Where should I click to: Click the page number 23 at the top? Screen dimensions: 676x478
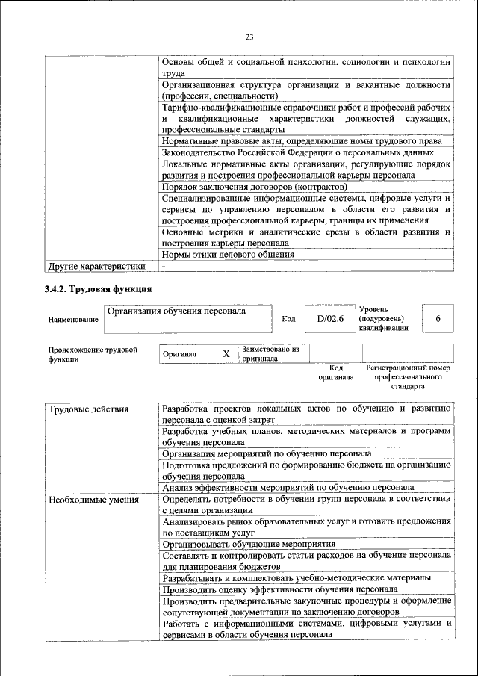(x=249, y=38)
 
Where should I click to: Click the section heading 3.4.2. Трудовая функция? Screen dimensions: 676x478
(x=98, y=288)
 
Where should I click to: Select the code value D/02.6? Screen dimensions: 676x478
(x=329, y=319)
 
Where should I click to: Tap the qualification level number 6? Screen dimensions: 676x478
(x=438, y=319)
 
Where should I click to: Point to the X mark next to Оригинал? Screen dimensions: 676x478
(x=226, y=353)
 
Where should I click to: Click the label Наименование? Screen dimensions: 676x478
(x=73, y=320)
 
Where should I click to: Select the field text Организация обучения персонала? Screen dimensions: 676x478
(x=176, y=311)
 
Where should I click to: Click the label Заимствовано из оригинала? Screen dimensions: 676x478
(x=270, y=353)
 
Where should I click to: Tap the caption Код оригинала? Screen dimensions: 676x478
(x=335, y=372)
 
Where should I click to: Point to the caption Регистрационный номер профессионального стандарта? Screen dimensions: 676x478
(x=407, y=377)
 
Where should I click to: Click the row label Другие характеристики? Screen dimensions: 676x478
(x=96, y=265)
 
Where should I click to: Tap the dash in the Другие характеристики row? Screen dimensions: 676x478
(x=164, y=265)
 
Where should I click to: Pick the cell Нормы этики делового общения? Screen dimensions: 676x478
(x=228, y=254)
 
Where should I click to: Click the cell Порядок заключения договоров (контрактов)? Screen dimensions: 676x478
(x=254, y=186)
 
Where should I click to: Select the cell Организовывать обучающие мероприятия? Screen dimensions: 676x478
(x=249, y=545)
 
